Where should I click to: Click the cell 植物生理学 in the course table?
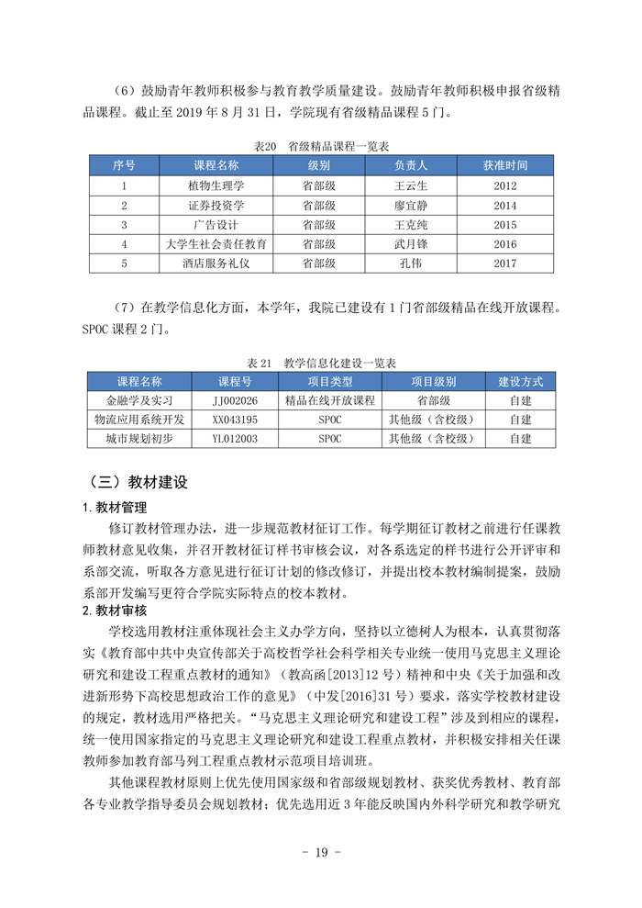[x=216, y=185]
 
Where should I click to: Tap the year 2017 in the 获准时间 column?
[x=505, y=263]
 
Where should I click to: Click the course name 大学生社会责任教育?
[x=216, y=244]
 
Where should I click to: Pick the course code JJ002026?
[x=235, y=400]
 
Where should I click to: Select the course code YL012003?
[x=235, y=439]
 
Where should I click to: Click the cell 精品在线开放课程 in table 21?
[x=330, y=400]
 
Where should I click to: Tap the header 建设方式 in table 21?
[x=521, y=381]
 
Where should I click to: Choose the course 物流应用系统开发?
[x=139, y=420]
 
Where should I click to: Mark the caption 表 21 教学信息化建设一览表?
[x=322, y=363]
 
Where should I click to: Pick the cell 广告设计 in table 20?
[x=216, y=225]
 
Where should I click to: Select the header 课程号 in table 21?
[x=235, y=381]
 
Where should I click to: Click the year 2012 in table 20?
[x=505, y=185]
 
